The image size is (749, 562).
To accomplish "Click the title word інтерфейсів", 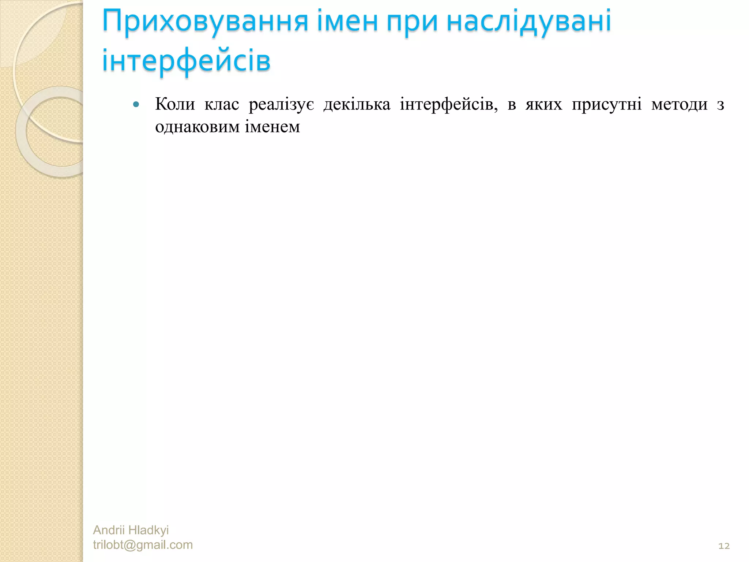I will tap(186, 61).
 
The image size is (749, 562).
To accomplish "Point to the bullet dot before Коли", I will tap(136, 105).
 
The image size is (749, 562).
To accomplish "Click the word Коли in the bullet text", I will tap(175, 104).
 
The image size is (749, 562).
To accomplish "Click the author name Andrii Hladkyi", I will tap(131, 530).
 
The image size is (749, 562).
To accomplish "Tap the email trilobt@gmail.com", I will tap(143, 545).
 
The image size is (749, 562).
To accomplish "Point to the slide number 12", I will tap(724, 546).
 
